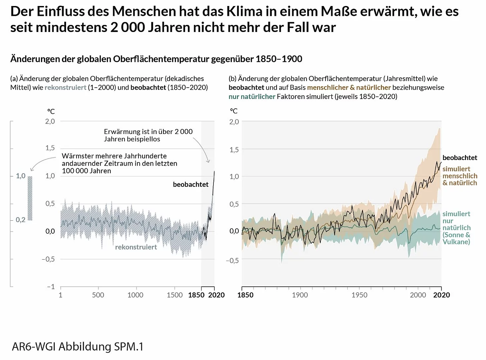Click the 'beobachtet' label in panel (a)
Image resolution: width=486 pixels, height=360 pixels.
point(190,184)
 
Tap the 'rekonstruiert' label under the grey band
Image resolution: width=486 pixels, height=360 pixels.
point(136,247)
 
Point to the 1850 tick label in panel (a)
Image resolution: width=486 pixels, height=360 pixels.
point(196,295)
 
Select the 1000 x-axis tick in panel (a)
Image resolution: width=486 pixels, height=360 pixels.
point(135,295)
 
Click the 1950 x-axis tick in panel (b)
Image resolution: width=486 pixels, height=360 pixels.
point(359,295)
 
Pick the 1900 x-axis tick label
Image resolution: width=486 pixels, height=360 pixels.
point(300,295)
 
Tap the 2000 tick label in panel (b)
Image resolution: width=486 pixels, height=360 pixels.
point(418,295)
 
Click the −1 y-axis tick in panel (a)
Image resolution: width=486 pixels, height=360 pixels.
point(51,287)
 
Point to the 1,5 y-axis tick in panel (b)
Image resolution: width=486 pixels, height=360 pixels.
point(234,150)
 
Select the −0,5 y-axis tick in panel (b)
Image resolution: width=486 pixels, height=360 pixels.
point(232,260)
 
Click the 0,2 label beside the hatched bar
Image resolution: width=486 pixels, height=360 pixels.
point(20,220)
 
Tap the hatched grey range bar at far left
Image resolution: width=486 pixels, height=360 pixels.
point(30,198)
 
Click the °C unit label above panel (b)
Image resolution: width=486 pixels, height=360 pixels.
point(234,111)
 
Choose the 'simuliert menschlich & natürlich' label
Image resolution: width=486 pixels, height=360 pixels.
point(460,176)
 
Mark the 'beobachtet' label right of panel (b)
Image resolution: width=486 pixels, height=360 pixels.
point(460,158)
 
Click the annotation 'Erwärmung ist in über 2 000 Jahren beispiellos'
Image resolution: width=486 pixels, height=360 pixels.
point(148,135)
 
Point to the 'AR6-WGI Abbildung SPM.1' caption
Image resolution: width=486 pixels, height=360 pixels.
point(78,347)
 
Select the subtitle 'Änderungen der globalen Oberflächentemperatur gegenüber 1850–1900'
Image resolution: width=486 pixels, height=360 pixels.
point(156,59)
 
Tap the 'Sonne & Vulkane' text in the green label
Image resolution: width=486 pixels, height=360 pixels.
point(456,238)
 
